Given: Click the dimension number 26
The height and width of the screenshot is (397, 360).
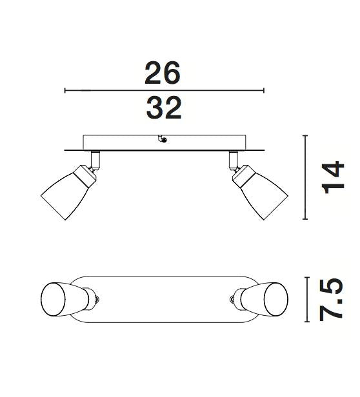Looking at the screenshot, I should click(x=163, y=73).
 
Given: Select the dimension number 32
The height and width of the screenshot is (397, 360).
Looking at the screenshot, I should click(x=164, y=108).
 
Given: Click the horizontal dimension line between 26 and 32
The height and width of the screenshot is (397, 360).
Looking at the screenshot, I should click(x=165, y=91).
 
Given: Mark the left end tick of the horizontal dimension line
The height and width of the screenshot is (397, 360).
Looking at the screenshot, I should click(x=65, y=91).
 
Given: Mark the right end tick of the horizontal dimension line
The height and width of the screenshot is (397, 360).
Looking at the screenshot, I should click(x=264, y=91).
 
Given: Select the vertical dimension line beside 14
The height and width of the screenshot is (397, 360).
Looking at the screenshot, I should click(x=305, y=178).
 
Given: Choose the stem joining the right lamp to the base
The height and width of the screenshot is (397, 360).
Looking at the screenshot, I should click(x=234, y=159).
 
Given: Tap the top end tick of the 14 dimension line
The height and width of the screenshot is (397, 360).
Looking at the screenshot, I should click(x=305, y=136).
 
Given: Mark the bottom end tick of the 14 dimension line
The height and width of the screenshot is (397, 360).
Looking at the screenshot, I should click(x=305, y=219).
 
